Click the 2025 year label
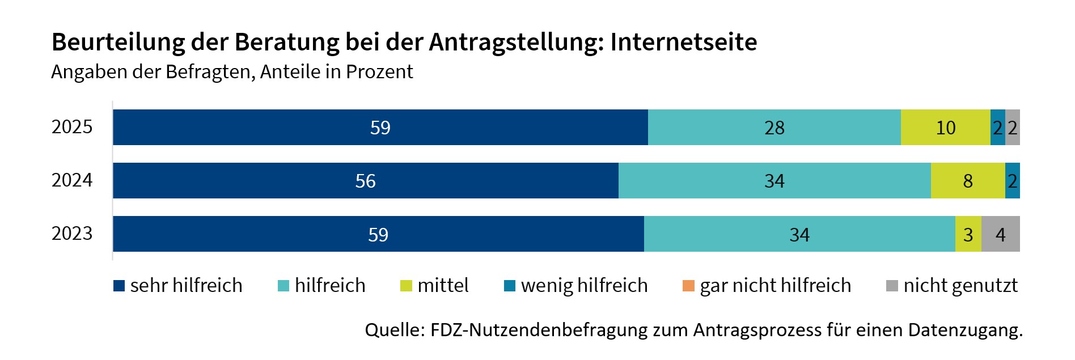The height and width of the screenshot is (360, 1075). click(71, 127)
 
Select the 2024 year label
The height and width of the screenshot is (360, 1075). click(71, 180)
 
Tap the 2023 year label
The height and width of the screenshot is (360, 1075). click(71, 234)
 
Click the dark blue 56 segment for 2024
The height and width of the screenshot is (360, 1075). click(365, 181)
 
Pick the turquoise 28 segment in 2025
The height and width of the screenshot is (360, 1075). click(774, 128)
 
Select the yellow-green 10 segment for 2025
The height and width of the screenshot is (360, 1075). click(945, 128)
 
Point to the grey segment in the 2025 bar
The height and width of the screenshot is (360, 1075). click(1013, 128)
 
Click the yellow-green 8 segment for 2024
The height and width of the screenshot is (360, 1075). click(967, 181)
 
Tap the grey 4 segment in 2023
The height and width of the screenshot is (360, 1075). click(1000, 234)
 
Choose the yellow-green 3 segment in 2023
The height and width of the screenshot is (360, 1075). click(968, 234)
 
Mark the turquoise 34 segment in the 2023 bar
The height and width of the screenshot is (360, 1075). click(799, 234)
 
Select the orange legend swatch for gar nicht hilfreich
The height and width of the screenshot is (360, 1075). click(688, 286)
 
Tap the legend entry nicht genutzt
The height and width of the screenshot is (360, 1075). click(952, 285)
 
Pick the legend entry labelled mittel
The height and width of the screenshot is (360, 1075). click(434, 285)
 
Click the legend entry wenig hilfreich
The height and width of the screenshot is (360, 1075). click(575, 285)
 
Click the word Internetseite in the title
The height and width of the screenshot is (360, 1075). click(683, 42)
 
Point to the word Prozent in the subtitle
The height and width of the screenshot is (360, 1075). click(379, 72)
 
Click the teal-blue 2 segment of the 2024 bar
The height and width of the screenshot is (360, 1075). click(1012, 181)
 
